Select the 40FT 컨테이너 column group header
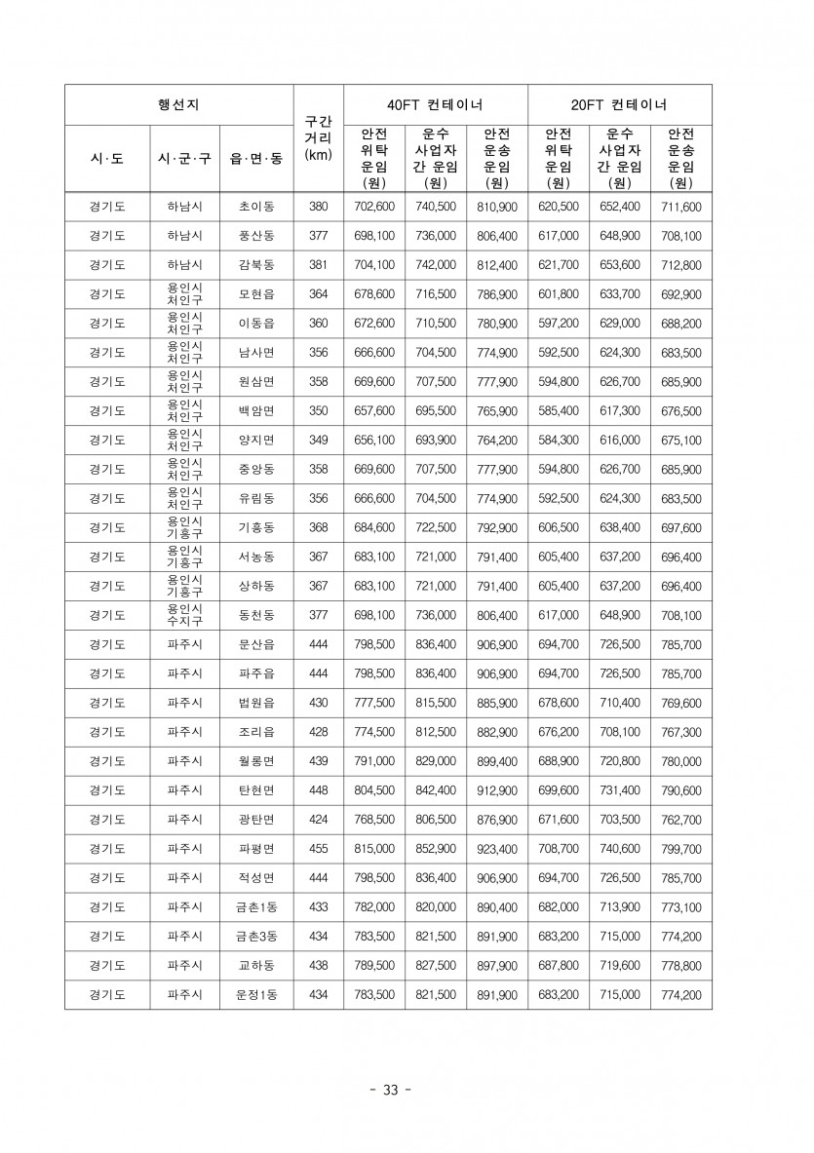pos(435,104)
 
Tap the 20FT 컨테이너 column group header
pos(619,104)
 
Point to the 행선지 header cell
pos(178,104)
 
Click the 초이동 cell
pos(256,207)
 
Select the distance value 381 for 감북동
pos(318,265)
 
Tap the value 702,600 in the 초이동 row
pos(374,207)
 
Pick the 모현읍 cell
pos(256,294)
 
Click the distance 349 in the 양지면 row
pos(318,441)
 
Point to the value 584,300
pos(559,441)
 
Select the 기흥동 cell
pos(256,528)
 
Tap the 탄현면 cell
pos(256,790)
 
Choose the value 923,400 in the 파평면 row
pos(497,849)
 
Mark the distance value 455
pos(318,849)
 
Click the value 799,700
pos(680,849)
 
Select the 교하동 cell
pos(256,966)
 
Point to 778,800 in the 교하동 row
pos(680,966)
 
